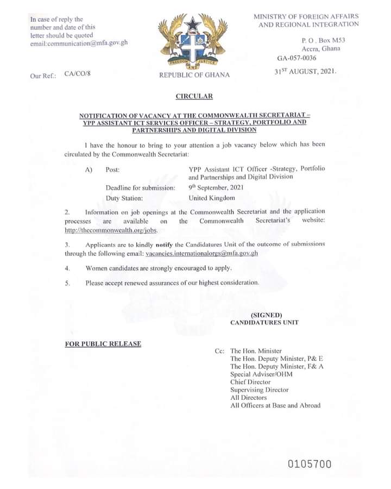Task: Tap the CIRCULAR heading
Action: (194, 96)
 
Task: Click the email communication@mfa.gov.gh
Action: (79, 42)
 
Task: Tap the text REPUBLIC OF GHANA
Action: (194, 75)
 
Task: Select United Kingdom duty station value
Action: (212, 198)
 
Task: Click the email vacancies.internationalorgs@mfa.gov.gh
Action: (201, 254)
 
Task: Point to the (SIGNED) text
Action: (266, 315)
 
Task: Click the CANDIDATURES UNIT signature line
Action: (264, 323)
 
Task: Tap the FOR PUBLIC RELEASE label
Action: (103, 344)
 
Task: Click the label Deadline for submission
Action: (140, 187)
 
